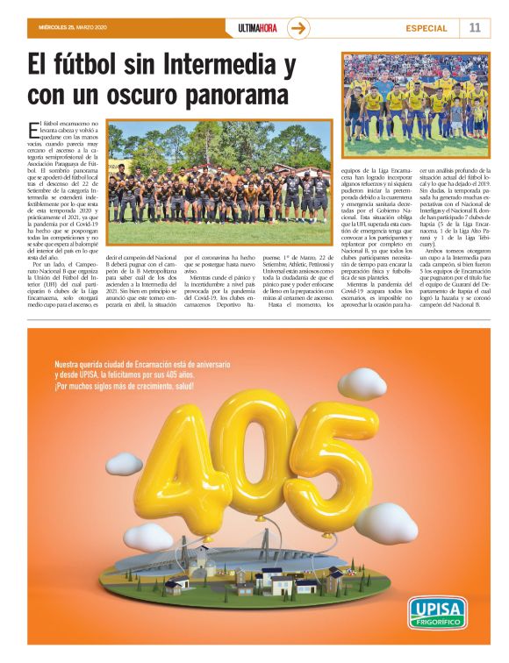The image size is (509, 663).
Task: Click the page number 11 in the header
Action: pyautogui.click(x=475, y=27)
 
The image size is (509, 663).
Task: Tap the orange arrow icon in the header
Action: pyautogui.click(x=299, y=27)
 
